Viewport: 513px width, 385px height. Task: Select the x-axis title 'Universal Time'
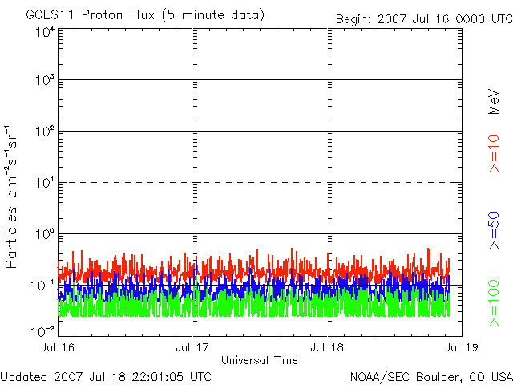tap(259, 360)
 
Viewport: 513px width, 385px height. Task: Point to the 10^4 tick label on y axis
tap(43, 32)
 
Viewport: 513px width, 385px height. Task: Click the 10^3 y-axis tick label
tap(43, 80)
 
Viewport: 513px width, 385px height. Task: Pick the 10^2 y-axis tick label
tap(43, 131)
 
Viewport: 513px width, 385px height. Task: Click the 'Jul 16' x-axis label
tap(59, 348)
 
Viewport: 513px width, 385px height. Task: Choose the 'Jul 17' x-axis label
tap(193, 348)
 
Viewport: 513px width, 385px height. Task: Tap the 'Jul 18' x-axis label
tap(327, 348)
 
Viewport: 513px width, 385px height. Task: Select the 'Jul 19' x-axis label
tap(460, 348)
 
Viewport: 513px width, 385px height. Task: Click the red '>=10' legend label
tap(495, 153)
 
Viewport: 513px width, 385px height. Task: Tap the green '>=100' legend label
tap(495, 304)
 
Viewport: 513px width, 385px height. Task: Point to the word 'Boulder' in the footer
tap(436, 376)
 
